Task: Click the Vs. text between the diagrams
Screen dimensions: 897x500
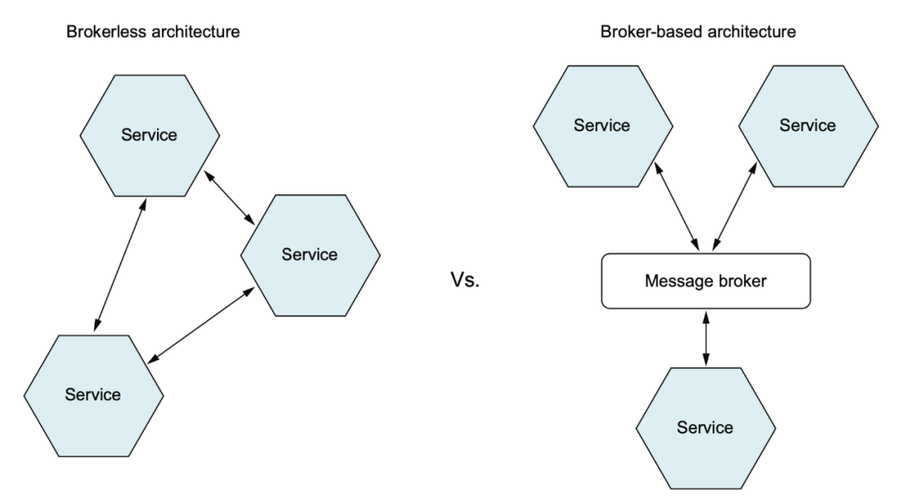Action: click(x=465, y=280)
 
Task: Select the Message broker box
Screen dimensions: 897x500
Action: click(x=706, y=281)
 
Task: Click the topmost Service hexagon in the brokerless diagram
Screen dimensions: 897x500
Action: click(x=149, y=135)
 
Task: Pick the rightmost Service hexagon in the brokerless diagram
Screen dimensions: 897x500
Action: click(x=310, y=255)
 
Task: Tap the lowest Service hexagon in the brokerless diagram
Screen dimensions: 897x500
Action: click(x=93, y=396)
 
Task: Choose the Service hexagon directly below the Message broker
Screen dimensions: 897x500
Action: click(x=705, y=428)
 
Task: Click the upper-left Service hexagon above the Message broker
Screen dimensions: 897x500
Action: click(x=602, y=126)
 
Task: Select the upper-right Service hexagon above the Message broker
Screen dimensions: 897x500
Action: click(x=808, y=126)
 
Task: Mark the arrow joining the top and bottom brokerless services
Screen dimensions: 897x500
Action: click(x=120, y=264)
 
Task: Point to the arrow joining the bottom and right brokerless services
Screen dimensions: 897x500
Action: click(x=201, y=325)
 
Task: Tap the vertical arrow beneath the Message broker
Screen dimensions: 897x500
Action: click(x=706, y=338)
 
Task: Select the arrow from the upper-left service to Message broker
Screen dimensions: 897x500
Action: click(x=677, y=206)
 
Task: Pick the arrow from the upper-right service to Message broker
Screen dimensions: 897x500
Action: click(x=734, y=206)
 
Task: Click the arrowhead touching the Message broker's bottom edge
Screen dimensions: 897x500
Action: click(x=706, y=317)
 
